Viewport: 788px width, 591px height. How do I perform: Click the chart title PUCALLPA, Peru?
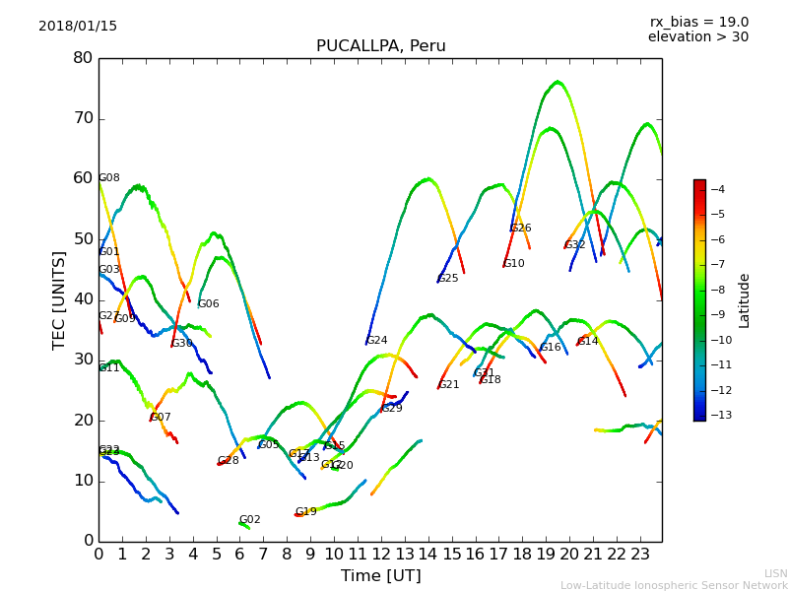click(x=380, y=46)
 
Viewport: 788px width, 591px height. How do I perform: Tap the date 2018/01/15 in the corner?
click(x=78, y=27)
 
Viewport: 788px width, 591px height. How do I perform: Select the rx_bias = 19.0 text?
click(x=698, y=23)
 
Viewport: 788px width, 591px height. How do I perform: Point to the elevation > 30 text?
click(x=697, y=37)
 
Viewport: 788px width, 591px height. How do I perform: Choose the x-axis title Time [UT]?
click(x=380, y=576)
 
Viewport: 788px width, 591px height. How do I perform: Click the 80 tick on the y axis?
click(x=83, y=58)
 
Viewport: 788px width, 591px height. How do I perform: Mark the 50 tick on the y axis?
click(x=83, y=239)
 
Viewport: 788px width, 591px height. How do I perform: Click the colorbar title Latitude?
click(x=745, y=300)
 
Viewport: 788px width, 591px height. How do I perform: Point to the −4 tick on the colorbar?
click(x=719, y=189)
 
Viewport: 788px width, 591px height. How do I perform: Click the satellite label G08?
click(x=109, y=178)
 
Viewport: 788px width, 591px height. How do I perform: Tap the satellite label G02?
click(x=250, y=520)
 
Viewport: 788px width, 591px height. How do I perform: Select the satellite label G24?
click(x=377, y=341)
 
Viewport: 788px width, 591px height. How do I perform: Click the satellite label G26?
click(x=521, y=229)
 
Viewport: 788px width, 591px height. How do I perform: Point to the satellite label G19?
click(x=306, y=512)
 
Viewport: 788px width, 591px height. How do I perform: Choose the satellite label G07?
click(x=161, y=418)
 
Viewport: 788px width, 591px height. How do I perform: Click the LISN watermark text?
click(x=775, y=573)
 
